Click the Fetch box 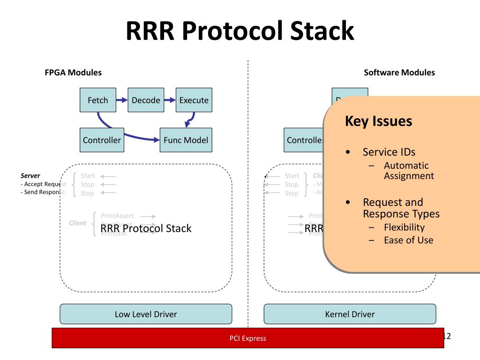point(98,100)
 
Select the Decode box point(146,100)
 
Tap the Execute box point(194,100)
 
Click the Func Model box point(186,140)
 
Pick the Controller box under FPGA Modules point(102,140)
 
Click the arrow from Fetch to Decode point(122,100)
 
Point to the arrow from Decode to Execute point(170,100)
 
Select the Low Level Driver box point(146,314)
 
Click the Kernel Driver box point(350,314)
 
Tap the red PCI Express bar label point(247,338)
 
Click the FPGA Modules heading point(73,73)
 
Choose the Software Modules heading point(399,73)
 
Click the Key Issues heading point(378,121)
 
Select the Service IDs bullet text point(389,152)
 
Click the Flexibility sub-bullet point(404,227)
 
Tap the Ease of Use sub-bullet point(408,240)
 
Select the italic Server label point(30,176)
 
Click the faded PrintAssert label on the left point(117,216)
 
